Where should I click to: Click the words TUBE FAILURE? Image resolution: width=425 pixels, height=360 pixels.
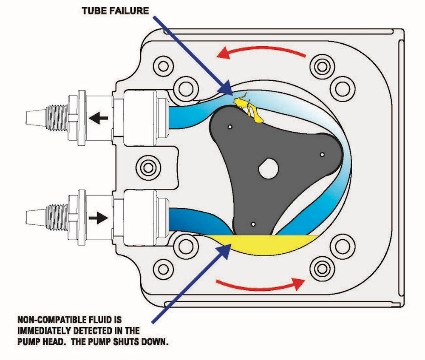coord(115,11)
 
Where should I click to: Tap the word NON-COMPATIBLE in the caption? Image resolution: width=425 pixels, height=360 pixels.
coord(49,320)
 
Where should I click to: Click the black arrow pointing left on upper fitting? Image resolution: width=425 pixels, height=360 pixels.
coord(99,118)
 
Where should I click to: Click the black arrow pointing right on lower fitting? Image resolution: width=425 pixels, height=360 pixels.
coord(99,218)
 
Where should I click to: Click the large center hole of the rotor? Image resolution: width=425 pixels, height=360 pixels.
coord(268,169)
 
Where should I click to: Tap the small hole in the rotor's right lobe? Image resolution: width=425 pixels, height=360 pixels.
coord(322,155)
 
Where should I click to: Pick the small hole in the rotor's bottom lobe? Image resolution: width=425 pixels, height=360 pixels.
coord(253,224)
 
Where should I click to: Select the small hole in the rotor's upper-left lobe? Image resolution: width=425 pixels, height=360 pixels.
coord(230,127)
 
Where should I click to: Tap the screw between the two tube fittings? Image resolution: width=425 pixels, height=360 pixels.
coord(148,168)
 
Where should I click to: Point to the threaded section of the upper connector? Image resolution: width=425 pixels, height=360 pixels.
coord(57,118)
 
